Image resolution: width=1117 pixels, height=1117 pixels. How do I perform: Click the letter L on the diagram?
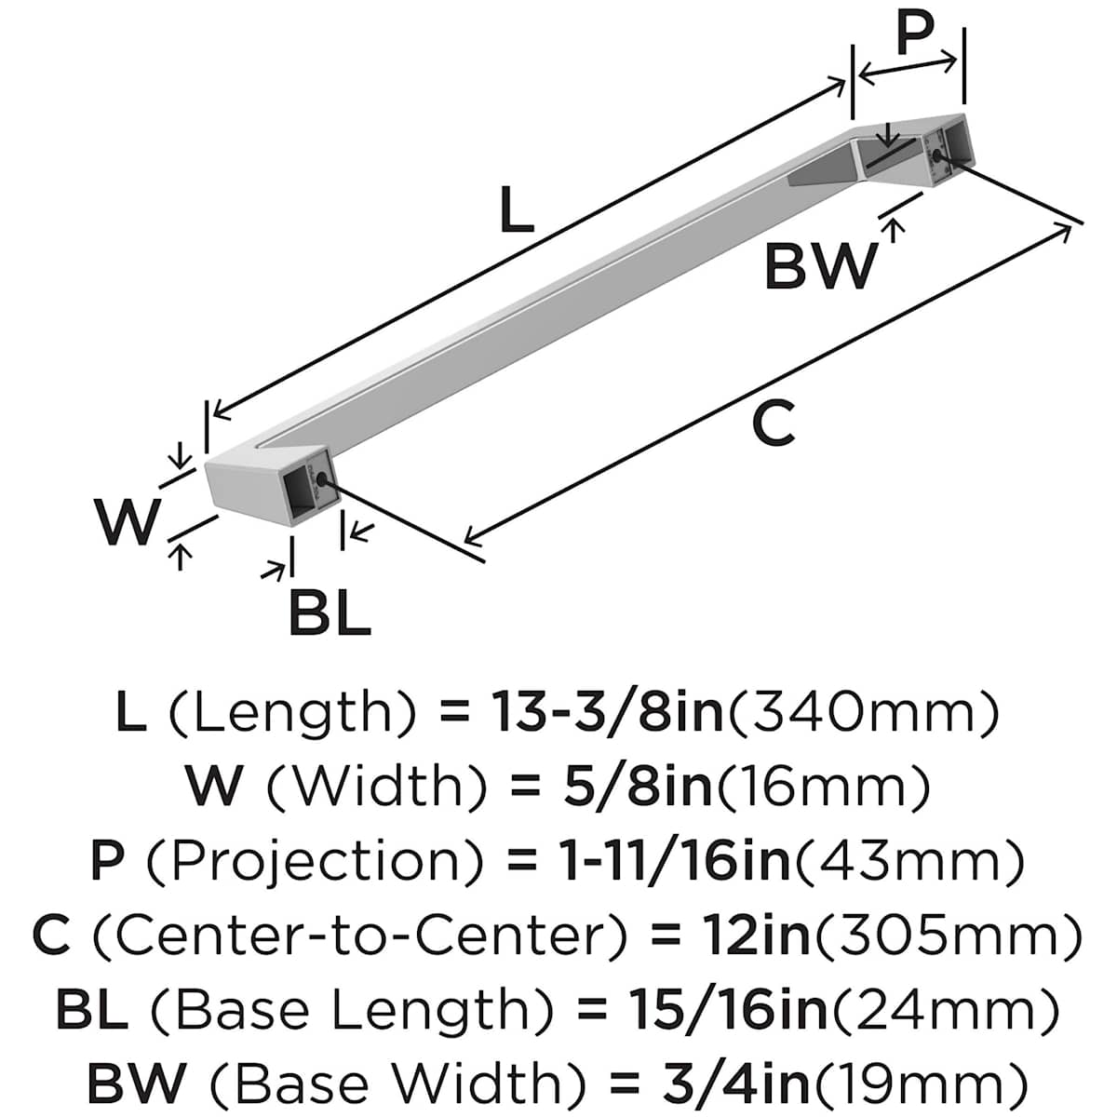516,209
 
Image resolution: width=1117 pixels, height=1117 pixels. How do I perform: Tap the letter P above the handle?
915,32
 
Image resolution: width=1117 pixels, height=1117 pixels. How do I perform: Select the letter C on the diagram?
773,424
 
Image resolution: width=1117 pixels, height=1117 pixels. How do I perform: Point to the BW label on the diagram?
820,265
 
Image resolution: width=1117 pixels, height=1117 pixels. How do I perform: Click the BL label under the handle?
330,612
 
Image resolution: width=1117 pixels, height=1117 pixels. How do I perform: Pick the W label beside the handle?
128,520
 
